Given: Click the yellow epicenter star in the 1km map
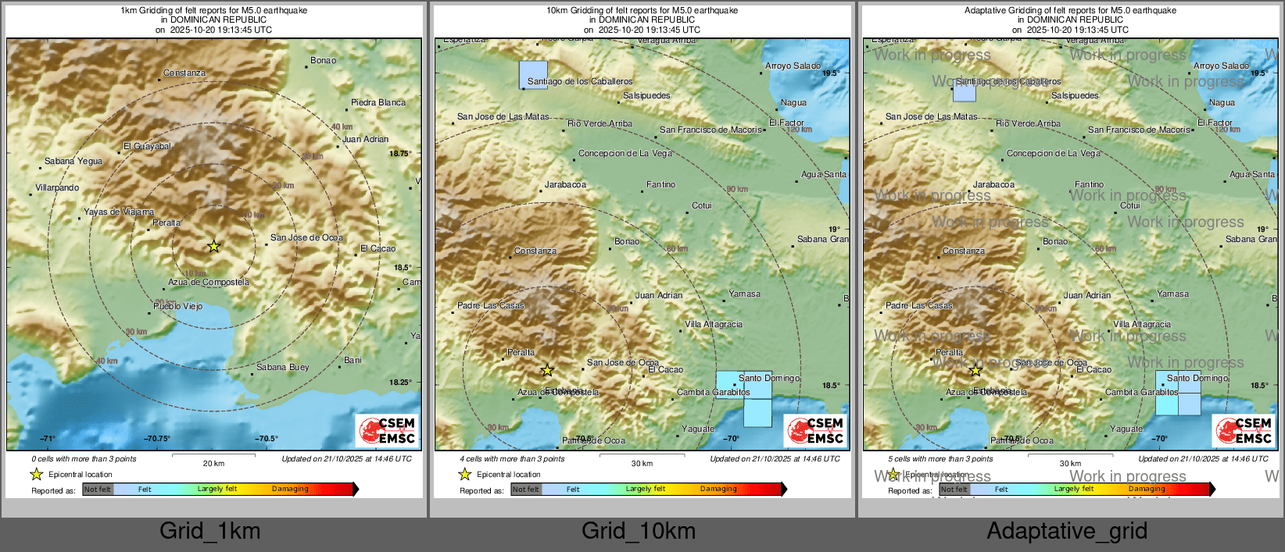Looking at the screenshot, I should click(213, 247).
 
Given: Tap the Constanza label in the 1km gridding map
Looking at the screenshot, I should click(184, 73).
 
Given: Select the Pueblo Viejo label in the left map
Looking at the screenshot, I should click(177, 306).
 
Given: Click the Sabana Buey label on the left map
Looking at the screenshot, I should click(282, 367).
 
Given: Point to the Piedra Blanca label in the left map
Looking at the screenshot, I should click(378, 102).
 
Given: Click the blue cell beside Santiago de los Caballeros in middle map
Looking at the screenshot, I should click(533, 75).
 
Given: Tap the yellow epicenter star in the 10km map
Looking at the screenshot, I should click(547, 370).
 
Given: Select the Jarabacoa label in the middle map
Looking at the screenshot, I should click(565, 185).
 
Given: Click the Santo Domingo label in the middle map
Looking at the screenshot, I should click(768, 378).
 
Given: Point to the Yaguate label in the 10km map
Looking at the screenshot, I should click(697, 429).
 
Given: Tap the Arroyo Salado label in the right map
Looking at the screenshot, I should click(1221, 66).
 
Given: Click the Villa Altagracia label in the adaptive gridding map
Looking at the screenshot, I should click(1142, 324).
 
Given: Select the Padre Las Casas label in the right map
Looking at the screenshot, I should click(919, 305).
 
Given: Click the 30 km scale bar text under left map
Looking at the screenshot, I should click(213, 463).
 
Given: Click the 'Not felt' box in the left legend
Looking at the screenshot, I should click(98, 490).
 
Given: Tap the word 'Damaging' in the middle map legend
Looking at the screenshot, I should click(718, 490).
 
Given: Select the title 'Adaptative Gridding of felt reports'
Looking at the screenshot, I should click(1069, 11).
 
